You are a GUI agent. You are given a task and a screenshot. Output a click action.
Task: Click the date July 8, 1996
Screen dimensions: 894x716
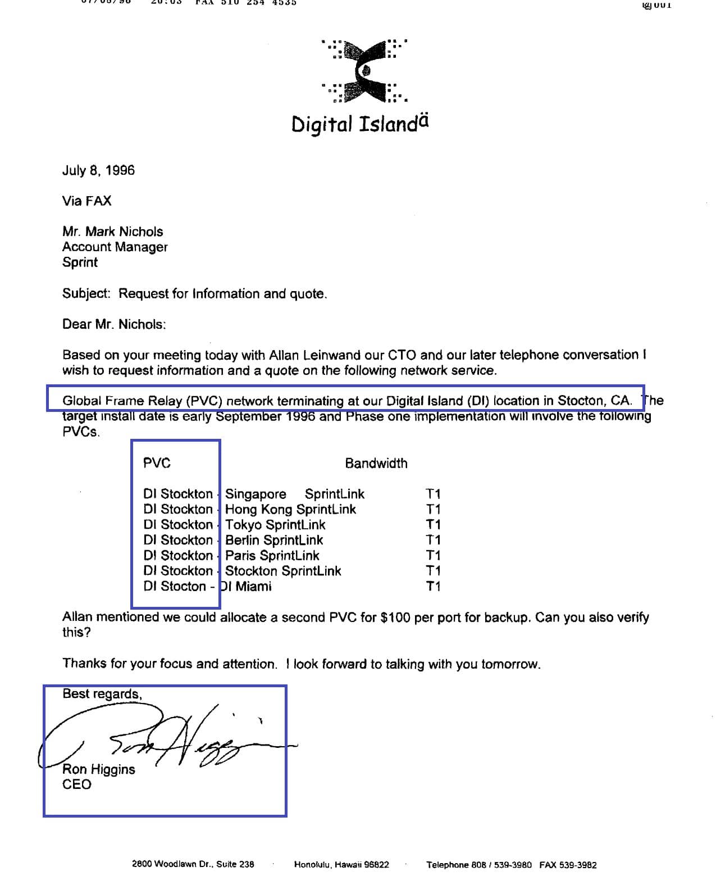click(98, 170)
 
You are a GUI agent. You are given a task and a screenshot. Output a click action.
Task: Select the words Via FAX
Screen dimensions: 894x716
click(86, 201)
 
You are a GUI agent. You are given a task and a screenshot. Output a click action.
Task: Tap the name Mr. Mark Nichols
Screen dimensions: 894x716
click(112, 232)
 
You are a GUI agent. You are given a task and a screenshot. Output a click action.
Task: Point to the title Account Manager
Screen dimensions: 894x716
click(115, 247)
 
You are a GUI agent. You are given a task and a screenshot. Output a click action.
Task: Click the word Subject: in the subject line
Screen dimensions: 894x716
click(86, 293)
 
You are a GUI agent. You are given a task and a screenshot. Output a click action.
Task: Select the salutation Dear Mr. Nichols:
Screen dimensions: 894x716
click(114, 324)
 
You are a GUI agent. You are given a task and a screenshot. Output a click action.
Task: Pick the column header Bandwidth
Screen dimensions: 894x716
click(376, 463)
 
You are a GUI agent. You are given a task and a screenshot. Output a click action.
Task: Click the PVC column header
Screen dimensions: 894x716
click(157, 463)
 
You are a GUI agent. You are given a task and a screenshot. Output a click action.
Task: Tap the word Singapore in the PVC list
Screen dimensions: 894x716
click(256, 494)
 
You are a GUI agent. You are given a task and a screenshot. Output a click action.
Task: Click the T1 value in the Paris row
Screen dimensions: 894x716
click(433, 555)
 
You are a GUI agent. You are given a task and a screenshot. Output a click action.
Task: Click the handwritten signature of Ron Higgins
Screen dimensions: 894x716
click(185, 739)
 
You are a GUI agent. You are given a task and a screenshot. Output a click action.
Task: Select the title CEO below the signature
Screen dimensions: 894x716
click(76, 784)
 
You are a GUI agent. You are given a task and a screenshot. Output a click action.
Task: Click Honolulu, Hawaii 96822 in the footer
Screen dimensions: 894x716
click(341, 864)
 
